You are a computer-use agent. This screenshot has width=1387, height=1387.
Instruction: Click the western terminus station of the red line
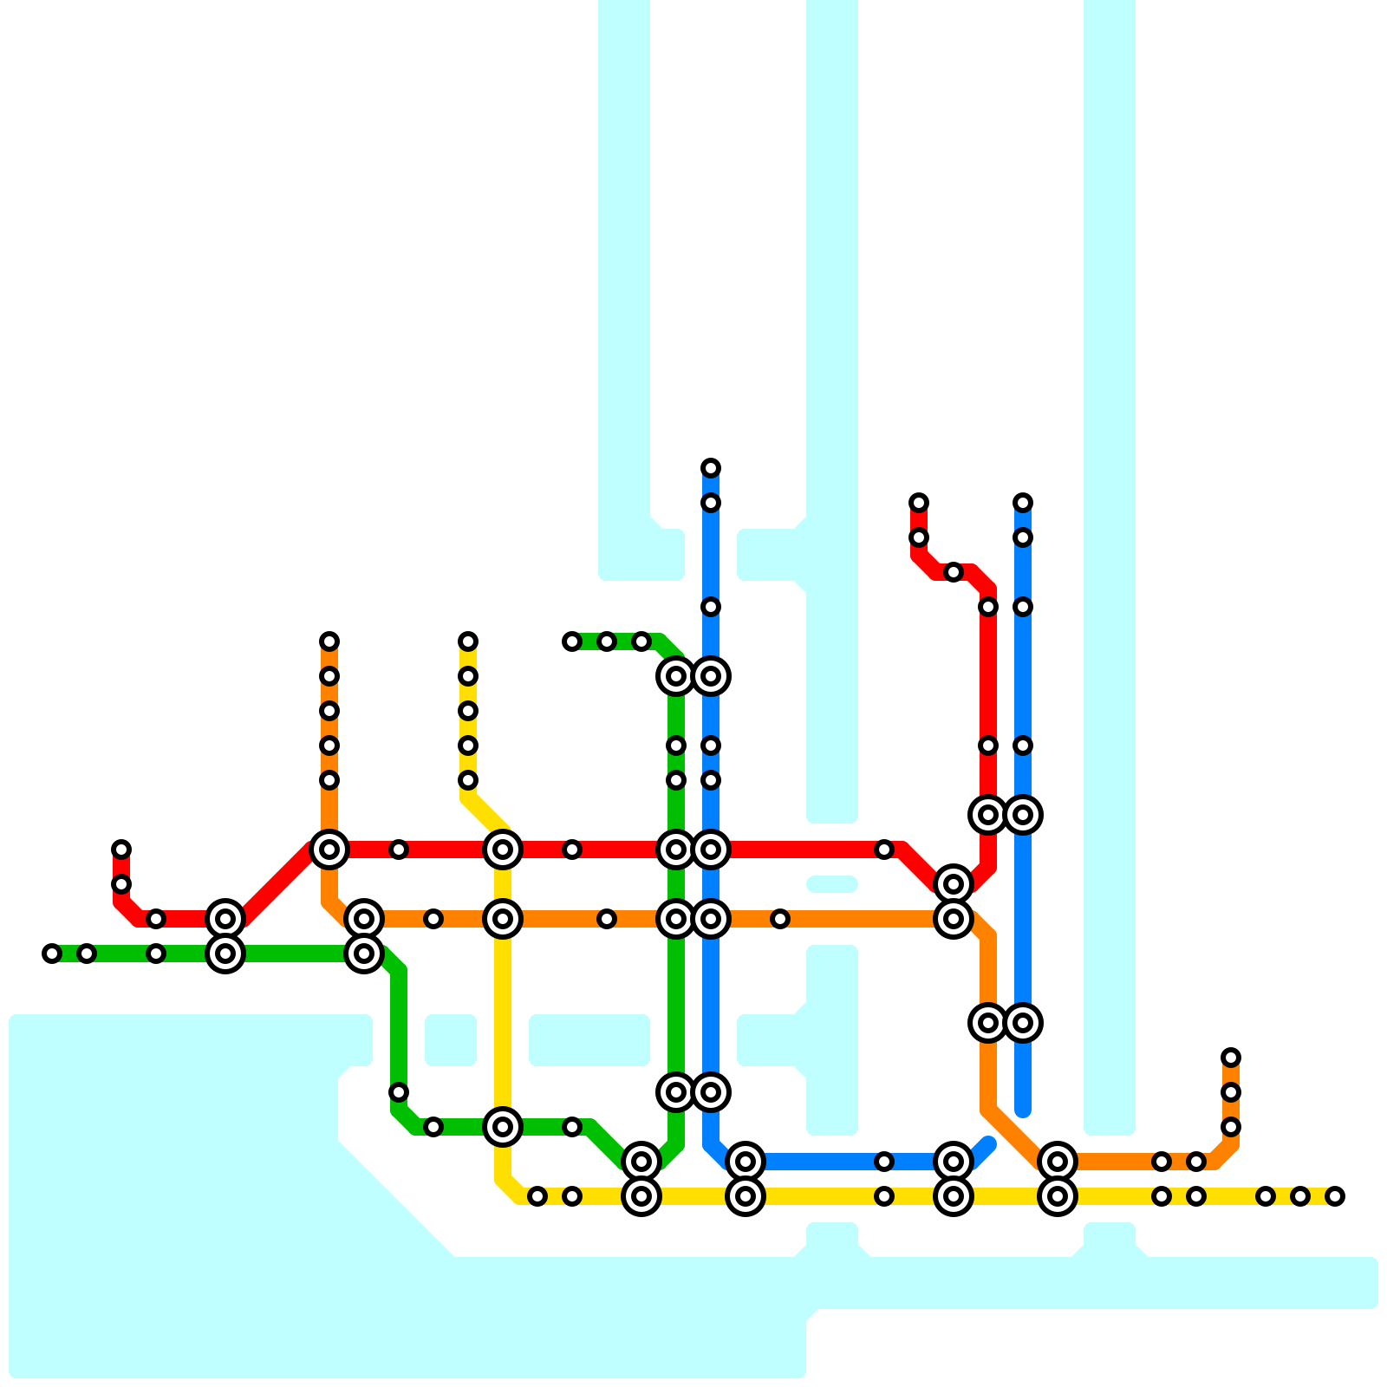[x=121, y=850]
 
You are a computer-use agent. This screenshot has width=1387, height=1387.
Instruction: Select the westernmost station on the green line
[x=52, y=954]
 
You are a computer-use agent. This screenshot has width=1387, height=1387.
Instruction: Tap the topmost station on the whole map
[x=711, y=468]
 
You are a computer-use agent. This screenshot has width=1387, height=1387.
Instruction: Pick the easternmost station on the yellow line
[x=1335, y=1196]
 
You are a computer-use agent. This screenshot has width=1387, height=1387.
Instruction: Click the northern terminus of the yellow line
[x=468, y=641]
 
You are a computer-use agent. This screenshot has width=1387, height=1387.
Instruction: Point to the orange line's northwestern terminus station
[x=329, y=641]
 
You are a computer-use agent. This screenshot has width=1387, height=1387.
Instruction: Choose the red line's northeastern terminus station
[x=919, y=503]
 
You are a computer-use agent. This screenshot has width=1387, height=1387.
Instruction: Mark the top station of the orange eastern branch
[x=1231, y=1058]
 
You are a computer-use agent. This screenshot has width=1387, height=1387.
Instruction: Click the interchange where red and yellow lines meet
[x=503, y=850]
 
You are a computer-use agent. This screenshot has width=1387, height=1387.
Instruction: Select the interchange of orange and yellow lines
[x=503, y=919]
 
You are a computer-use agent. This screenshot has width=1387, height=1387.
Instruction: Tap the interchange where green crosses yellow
[x=503, y=1127]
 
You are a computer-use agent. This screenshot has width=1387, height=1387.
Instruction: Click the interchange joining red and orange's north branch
[x=329, y=850]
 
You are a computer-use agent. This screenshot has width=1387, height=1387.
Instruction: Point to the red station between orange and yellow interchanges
[x=399, y=850]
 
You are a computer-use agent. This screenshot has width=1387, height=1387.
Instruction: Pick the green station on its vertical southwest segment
[x=399, y=1092]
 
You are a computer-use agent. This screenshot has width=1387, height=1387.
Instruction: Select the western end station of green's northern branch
[x=572, y=641]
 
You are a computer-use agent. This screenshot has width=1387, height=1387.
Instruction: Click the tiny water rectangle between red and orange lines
[x=832, y=884]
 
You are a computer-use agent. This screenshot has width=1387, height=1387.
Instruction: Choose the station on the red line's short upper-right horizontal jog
[x=954, y=572]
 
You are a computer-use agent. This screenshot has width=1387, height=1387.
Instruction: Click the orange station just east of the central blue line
[x=780, y=919]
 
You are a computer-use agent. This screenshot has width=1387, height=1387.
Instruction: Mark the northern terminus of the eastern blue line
[x=1023, y=503]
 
